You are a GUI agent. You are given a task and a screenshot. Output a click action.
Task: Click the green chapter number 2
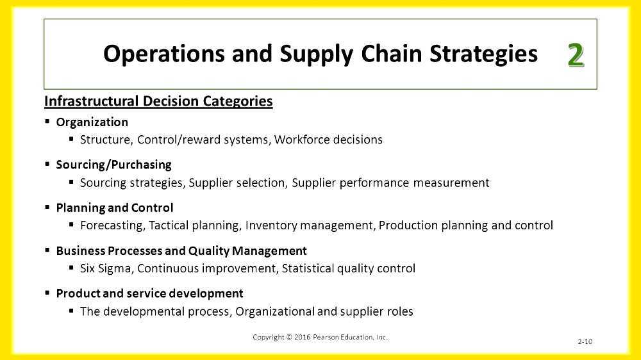(x=575, y=55)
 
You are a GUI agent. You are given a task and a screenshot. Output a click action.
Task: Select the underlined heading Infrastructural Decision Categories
(x=158, y=101)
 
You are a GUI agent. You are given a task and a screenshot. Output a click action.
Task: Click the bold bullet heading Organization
(x=92, y=122)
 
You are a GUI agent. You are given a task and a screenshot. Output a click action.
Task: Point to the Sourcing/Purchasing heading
(x=114, y=165)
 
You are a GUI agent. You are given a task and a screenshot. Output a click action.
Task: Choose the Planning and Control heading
(x=115, y=208)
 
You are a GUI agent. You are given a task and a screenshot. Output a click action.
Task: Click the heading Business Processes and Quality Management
(x=181, y=250)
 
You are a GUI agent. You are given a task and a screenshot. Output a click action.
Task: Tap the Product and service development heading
(x=150, y=293)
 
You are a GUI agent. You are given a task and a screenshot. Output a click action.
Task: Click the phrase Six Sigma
(x=106, y=268)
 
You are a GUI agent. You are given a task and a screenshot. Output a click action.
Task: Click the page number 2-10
(x=585, y=341)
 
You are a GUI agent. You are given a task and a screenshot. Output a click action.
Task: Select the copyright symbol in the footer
(x=289, y=337)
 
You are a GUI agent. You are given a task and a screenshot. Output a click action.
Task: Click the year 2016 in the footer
(x=302, y=337)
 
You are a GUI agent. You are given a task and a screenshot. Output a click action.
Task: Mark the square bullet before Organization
(x=47, y=122)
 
